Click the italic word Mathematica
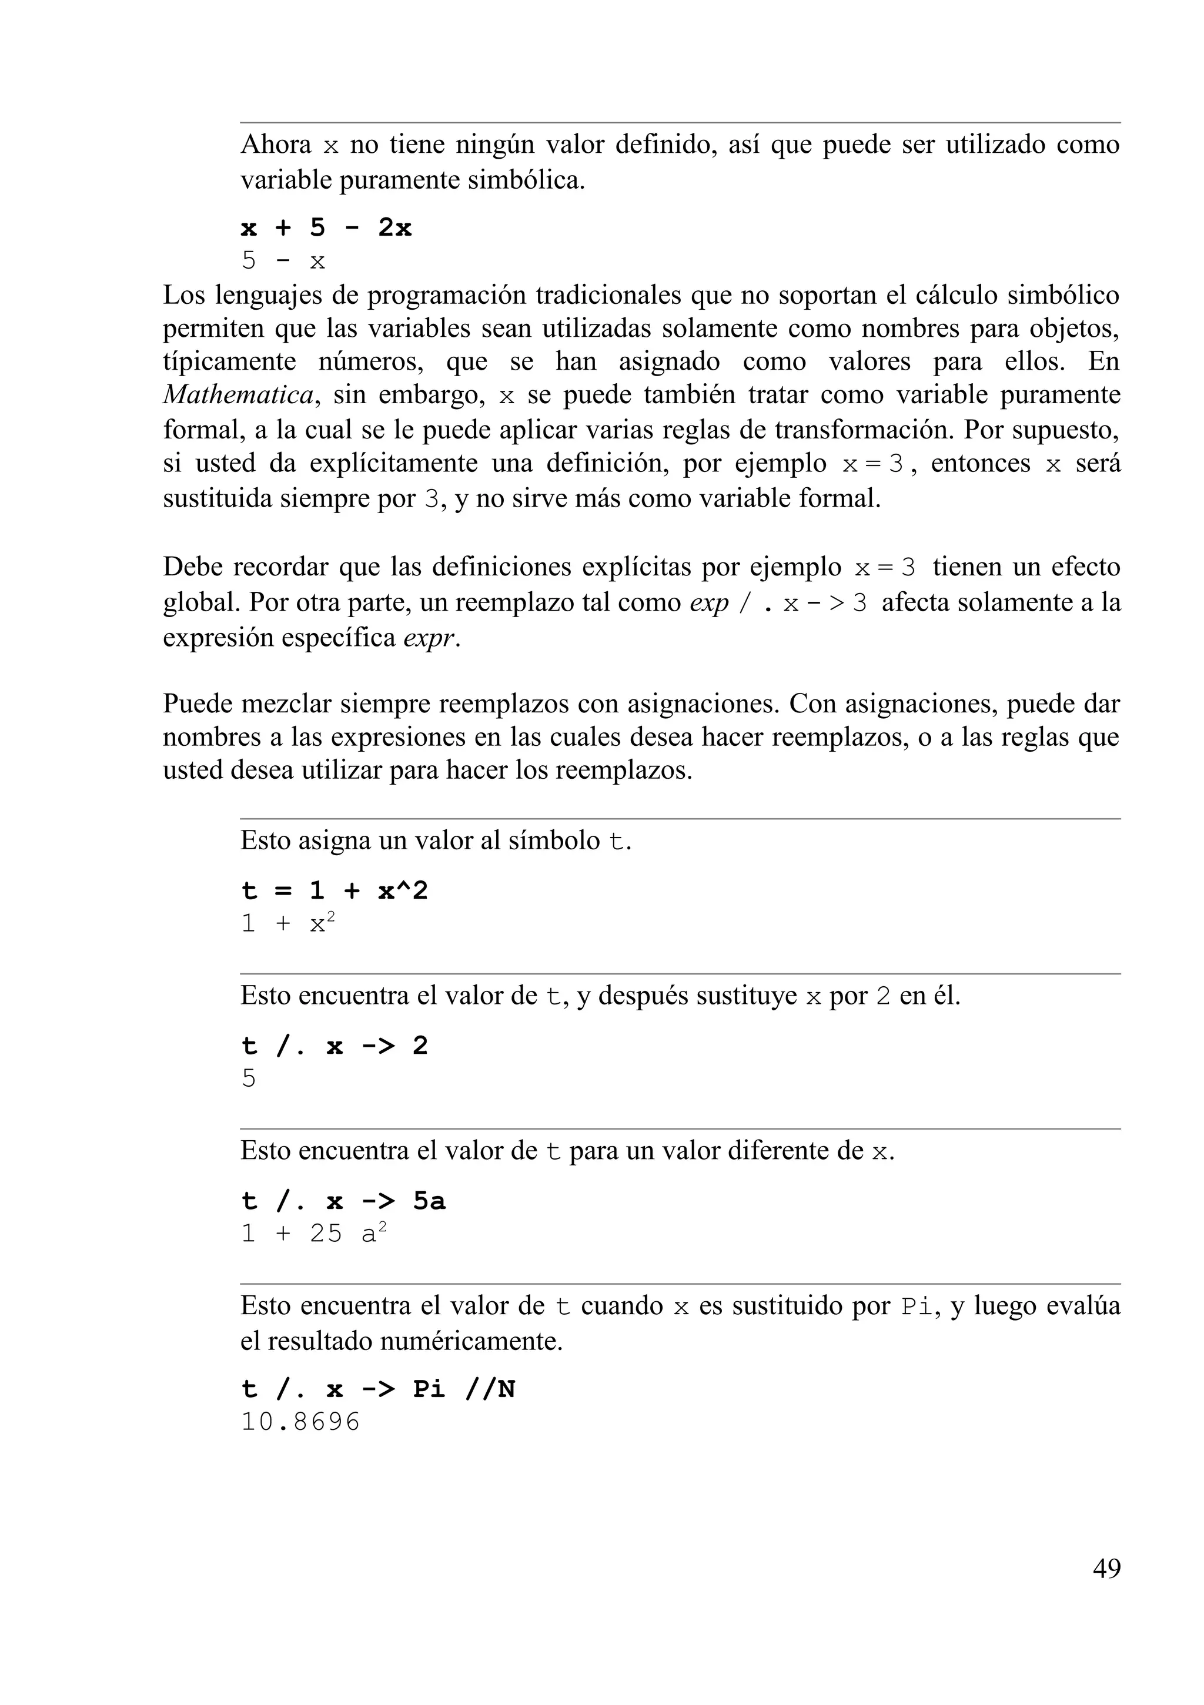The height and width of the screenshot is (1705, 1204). tap(238, 394)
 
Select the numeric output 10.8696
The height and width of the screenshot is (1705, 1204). tap(300, 1421)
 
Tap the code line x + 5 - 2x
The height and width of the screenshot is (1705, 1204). tap(326, 228)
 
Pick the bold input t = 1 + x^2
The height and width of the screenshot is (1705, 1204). tap(335, 890)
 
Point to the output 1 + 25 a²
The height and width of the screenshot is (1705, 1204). tap(313, 1234)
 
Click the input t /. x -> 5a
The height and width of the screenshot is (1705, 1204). tap(343, 1201)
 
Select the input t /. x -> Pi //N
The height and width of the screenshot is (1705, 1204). tap(377, 1389)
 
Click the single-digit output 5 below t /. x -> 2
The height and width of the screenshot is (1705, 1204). tap(249, 1078)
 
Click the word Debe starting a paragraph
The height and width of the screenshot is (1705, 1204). tap(192, 567)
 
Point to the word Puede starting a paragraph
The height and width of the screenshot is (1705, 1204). tap(196, 704)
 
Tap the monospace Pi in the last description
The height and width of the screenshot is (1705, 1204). tap(917, 1306)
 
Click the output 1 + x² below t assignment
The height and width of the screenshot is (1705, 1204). tap(288, 924)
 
